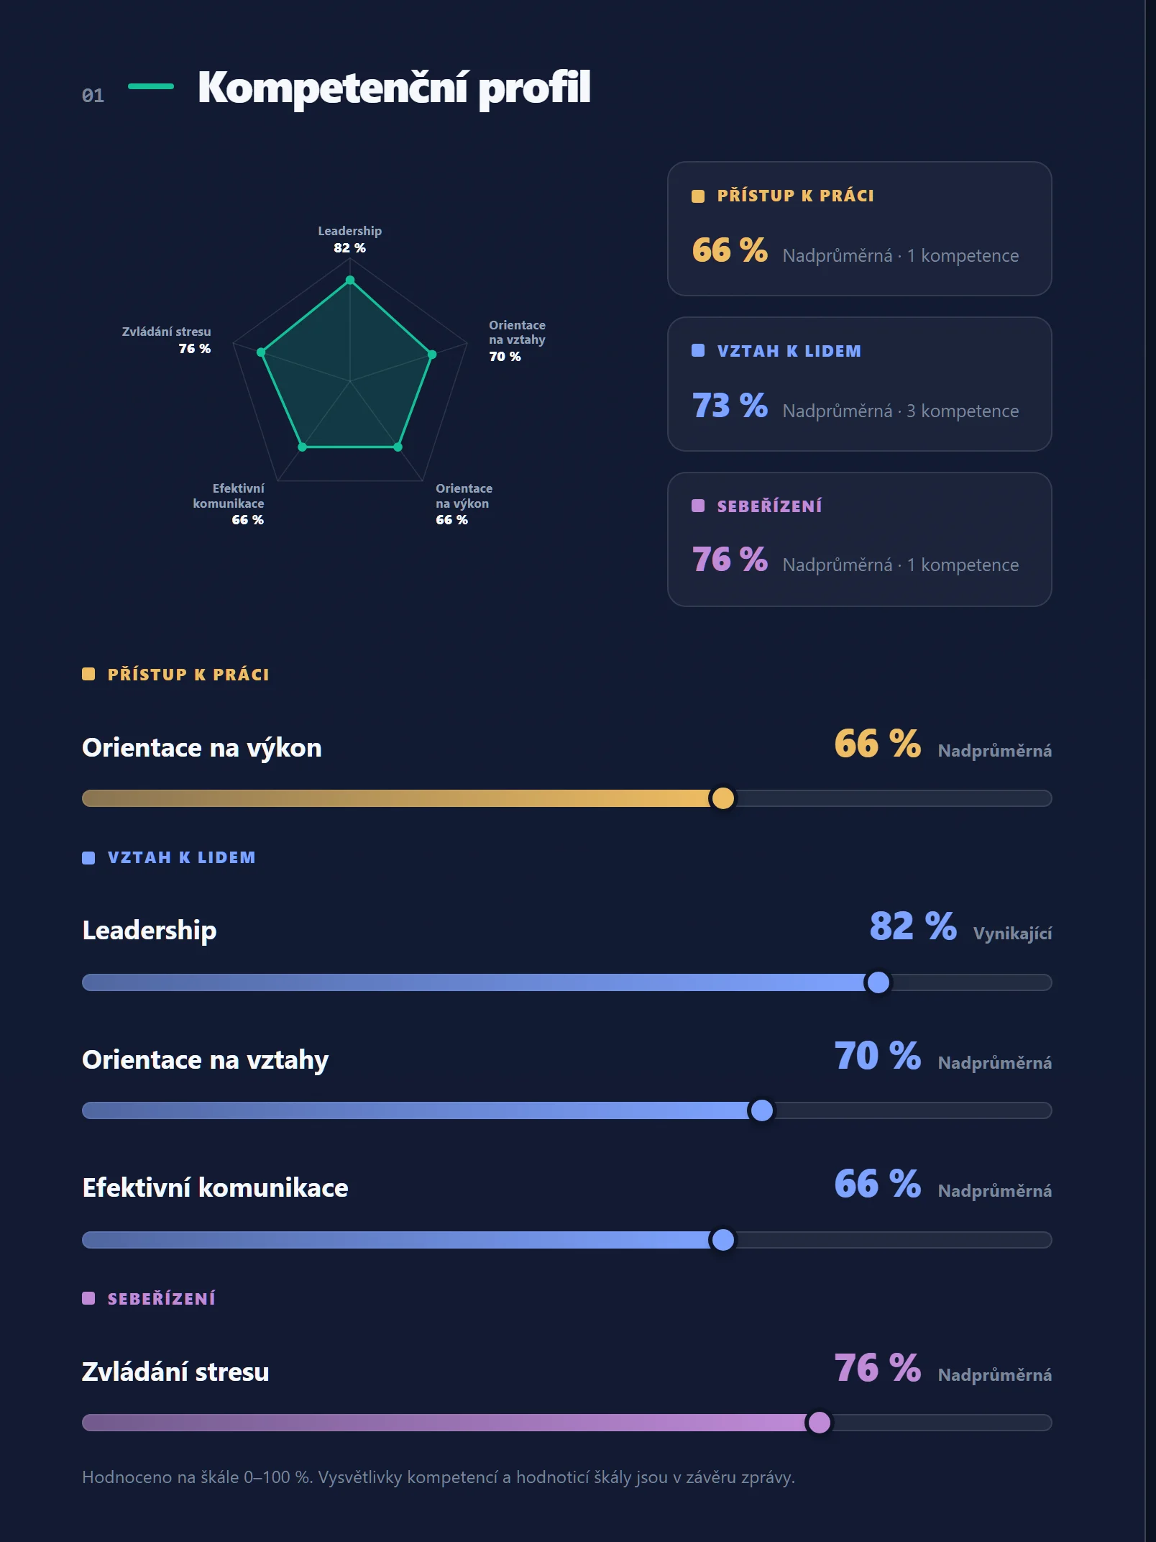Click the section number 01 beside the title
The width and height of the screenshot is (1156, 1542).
pyautogui.click(x=93, y=96)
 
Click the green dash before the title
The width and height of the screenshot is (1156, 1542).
pyautogui.click(x=151, y=86)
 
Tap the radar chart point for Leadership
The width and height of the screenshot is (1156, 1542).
pyautogui.click(x=350, y=280)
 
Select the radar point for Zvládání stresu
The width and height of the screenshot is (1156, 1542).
pyautogui.click(x=261, y=352)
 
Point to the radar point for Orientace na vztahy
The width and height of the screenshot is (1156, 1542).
pyautogui.click(x=432, y=355)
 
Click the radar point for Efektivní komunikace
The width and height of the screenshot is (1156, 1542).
pyautogui.click(x=303, y=447)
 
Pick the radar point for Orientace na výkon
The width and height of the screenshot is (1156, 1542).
pyautogui.click(x=398, y=447)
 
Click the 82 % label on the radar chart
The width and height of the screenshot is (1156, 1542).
pyautogui.click(x=349, y=248)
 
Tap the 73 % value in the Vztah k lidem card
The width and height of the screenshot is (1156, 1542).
pyautogui.click(x=730, y=406)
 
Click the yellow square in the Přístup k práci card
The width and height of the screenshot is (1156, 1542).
pyautogui.click(x=698, y=196)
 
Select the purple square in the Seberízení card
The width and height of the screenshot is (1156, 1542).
pyautogui.click(x=698, y=506)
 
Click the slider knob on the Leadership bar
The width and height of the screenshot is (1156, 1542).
pyautogui.click(x=879, y=982)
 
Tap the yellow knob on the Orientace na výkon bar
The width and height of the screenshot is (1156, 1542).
pyautogui.click(x=722, y=798)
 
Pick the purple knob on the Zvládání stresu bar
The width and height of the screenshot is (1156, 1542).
pyautogui.click(x=820, y=1423)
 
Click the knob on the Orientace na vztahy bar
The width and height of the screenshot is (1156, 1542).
pyautogui.click(x=762, y=1110)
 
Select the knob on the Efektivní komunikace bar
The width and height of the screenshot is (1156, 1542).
pyautogui.click(x=722, y=1240)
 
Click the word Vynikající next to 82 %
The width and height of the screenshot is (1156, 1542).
pyautogui.click(x=1012, y=934)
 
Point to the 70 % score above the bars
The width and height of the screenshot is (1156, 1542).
pyautogui.click(x=878, y=1056)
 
